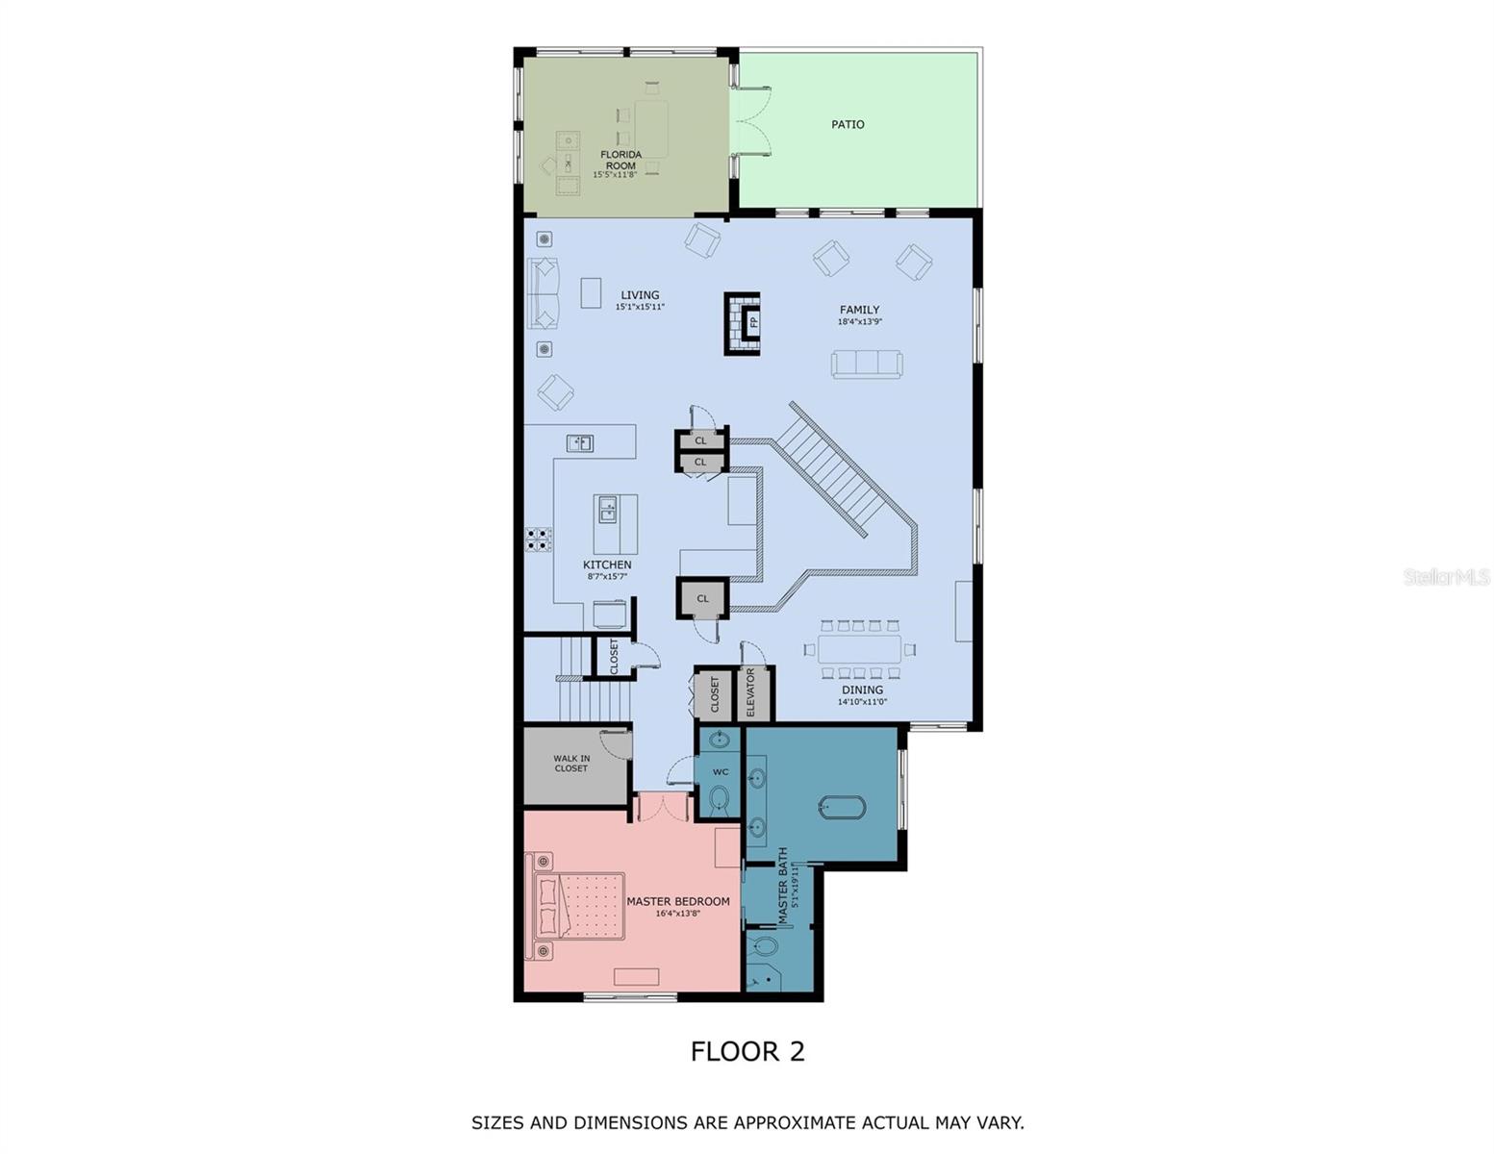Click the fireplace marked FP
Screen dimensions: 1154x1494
pyautogui.click(x=743, y=323)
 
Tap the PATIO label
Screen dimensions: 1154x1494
pyautogui.click(x=848, y=124)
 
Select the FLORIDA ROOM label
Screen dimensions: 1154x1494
pyautogui.click(x=620, y=160)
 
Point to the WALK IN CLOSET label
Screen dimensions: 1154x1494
pyautogui.click(x=571, y=764)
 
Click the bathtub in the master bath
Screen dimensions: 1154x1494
pyautogui.click(x=842, y=808)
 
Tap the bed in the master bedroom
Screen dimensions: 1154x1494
pyautogui.click(x=577, y=906)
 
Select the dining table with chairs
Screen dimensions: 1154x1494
pyautogui.click(x=859, y=649)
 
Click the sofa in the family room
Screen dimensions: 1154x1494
pyautogui.click(x=867, y=364)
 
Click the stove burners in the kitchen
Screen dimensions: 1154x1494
pyautogui.click(x=538, y=539)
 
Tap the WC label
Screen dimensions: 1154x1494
pyautogui.click(x=721, y=772)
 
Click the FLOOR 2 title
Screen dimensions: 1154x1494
pyautogui.click(x=747, y=1051)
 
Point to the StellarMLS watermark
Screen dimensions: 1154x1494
pyautogui.click(x=1446, y=577)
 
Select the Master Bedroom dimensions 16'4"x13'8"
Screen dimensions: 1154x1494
pyautogui.click(x=678, y=914)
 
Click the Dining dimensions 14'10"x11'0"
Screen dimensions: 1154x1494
pyautogui.click(x=862, y=702)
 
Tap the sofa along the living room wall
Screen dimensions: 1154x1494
pyautogui.click(x=543, y=293)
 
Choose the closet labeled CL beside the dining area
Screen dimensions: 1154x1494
pyautogui.click(x=702, y=598)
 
